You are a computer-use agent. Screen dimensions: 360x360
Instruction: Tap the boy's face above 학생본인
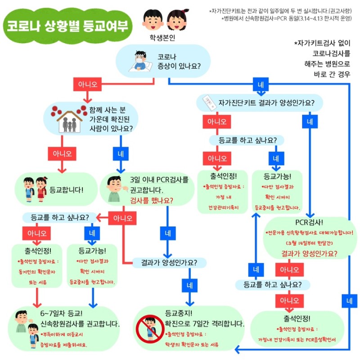coord(152,18)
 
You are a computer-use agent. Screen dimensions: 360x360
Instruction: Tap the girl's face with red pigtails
coord(175,19)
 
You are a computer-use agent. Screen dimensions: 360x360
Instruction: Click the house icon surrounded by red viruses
coord(69,118)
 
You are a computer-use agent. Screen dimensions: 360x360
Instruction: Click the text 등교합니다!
coord(67,189)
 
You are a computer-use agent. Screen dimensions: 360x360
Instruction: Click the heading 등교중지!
coord(179,313)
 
